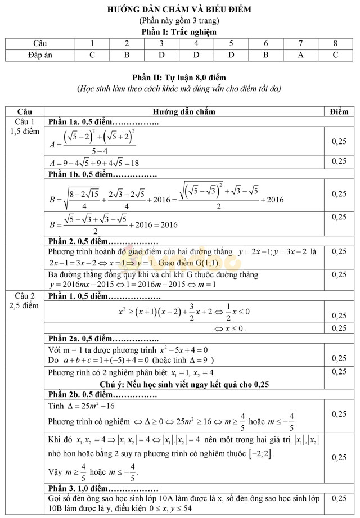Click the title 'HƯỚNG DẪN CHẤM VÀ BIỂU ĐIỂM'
[x=179, y=10]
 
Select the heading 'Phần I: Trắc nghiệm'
[x=179, y=32]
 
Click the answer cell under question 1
[x=92, y=55]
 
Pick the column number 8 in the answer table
[x=336, y=43]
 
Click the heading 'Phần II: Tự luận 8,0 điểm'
[x=179, y=78]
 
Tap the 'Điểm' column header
[x=339, y=111]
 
